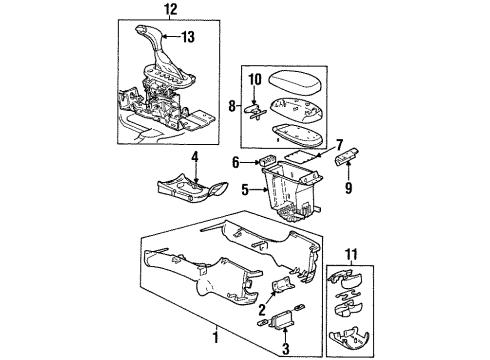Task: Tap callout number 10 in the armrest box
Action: click(x=254, y=78)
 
